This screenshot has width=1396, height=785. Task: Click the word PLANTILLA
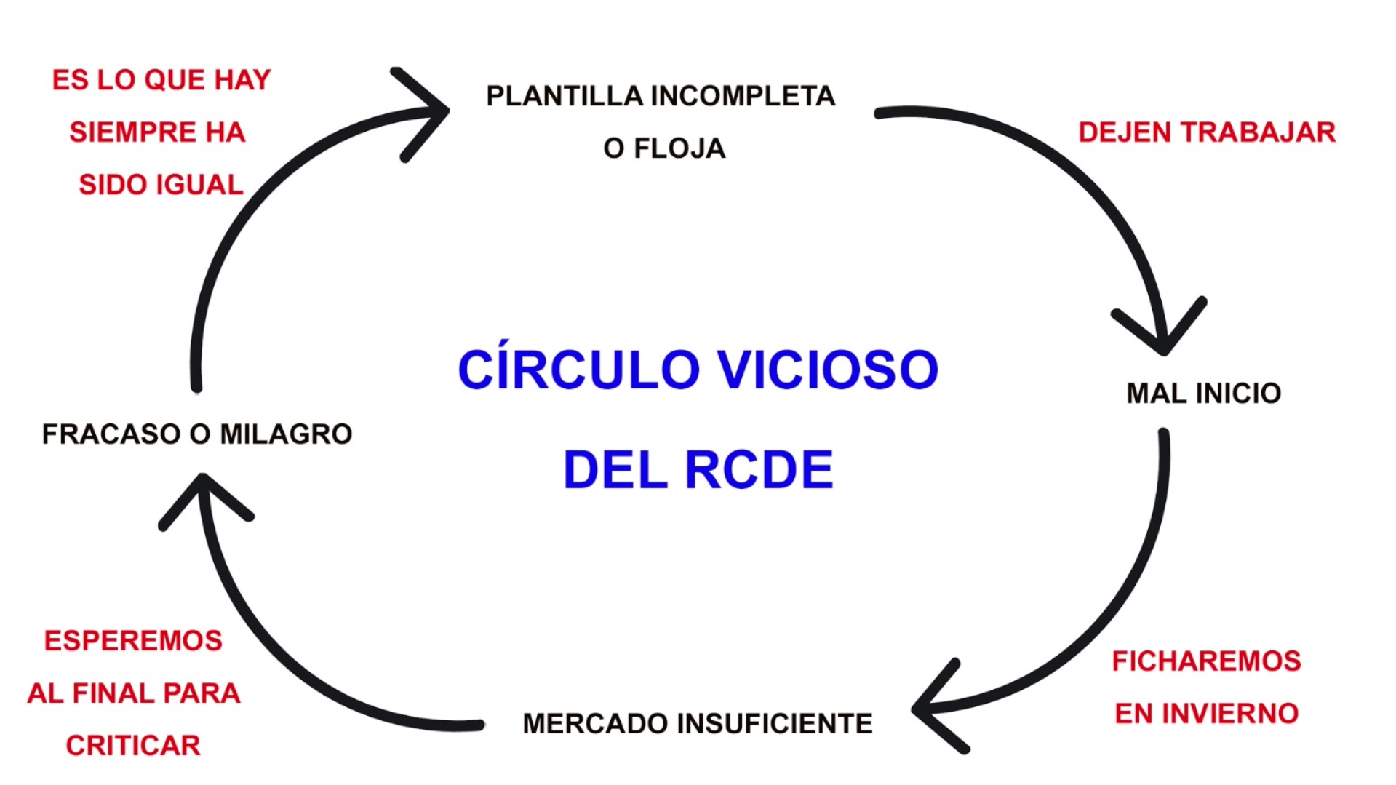tap(565, 96)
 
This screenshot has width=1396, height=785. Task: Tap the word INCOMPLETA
tap(742, 96)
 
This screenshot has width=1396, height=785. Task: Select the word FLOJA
tap(679, 148)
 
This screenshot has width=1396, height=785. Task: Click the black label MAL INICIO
tap(1203, 394)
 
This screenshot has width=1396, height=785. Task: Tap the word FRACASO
tap(111, 434)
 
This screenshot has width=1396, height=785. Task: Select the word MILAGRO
tap(286, 434)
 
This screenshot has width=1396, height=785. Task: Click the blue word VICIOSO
tap(828, 370)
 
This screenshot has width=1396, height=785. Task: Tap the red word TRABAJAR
tap(1258, 132)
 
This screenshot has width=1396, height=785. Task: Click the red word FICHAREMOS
tap(1206, 661)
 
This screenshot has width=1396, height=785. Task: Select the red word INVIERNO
tap(1230, 714)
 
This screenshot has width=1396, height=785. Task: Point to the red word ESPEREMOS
tap(133, 641)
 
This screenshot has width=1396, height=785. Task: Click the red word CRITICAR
tap(133, 746)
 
